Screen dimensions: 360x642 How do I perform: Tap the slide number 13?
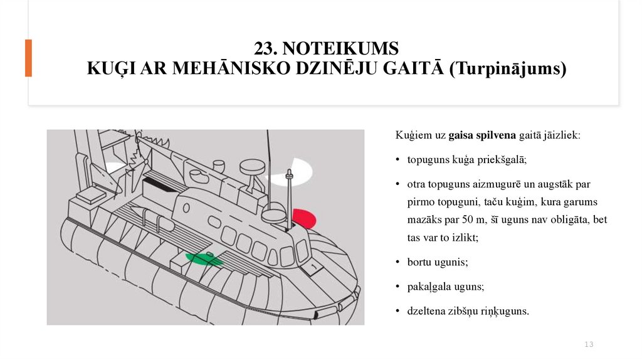589,344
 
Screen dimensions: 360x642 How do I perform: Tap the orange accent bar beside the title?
28,58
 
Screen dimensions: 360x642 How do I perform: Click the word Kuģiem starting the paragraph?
411,135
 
